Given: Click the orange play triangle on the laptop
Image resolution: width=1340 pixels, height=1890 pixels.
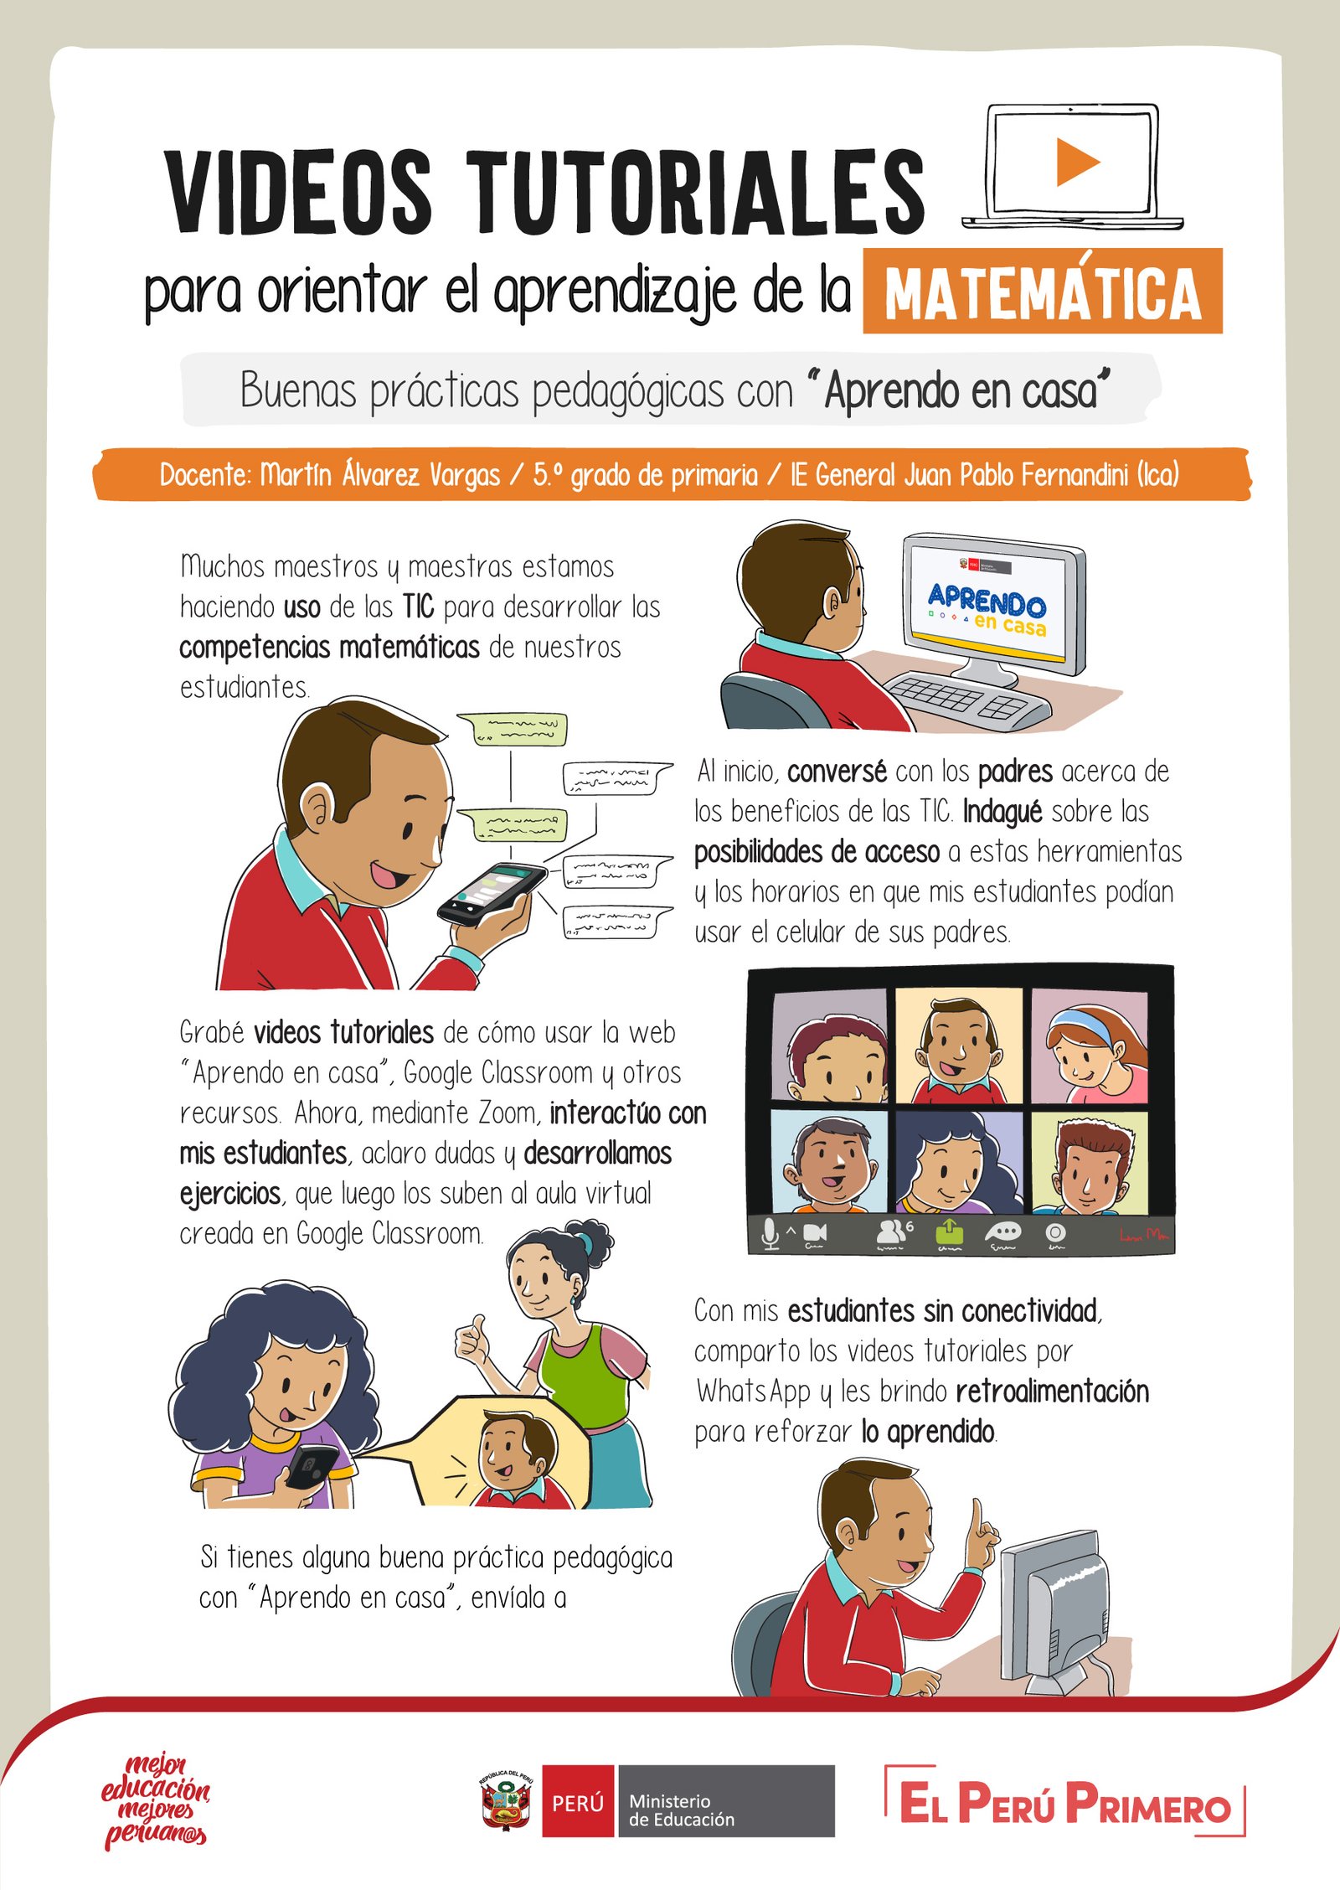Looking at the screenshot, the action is coord(1075,162).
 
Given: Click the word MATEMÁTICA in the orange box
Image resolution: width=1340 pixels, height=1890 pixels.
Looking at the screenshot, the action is coord(1043,292).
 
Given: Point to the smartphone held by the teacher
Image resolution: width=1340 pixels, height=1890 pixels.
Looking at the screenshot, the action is coord(491,893).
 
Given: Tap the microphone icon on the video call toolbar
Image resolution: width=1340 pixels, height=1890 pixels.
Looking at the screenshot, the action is coord(769,1234).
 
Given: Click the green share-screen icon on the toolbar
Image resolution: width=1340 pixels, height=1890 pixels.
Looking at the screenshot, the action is coord(950,1232).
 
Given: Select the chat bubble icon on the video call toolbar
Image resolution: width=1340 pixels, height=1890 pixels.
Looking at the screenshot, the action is coord(1002,1232).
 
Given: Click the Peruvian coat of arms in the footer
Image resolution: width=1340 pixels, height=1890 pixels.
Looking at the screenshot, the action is coord(506,1800).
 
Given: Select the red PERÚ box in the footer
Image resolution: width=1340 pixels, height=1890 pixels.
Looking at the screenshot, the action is coord(579,1801).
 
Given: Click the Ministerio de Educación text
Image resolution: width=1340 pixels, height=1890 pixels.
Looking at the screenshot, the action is coord(682,1810).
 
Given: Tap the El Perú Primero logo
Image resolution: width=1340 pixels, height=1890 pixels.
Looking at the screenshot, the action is coord(1065,1801).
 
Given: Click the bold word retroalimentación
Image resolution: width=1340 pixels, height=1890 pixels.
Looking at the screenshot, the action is coord(1053,1392).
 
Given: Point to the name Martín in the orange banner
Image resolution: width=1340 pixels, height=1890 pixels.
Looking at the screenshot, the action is coord(296,475).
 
